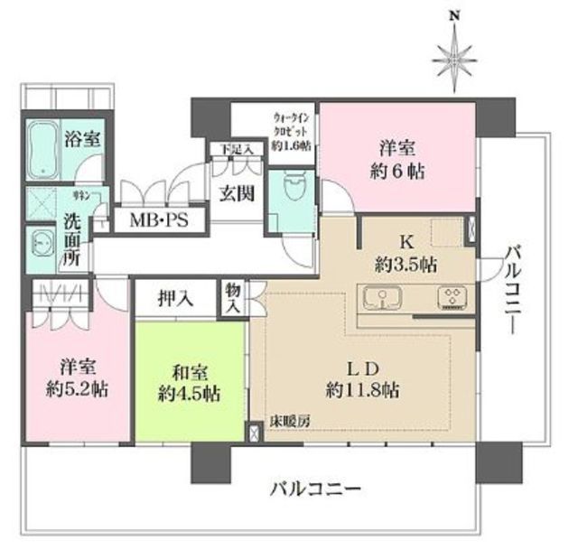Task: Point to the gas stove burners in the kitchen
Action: [450, 297]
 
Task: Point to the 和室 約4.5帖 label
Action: [189, 381]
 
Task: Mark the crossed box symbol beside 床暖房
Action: [253, 430]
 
